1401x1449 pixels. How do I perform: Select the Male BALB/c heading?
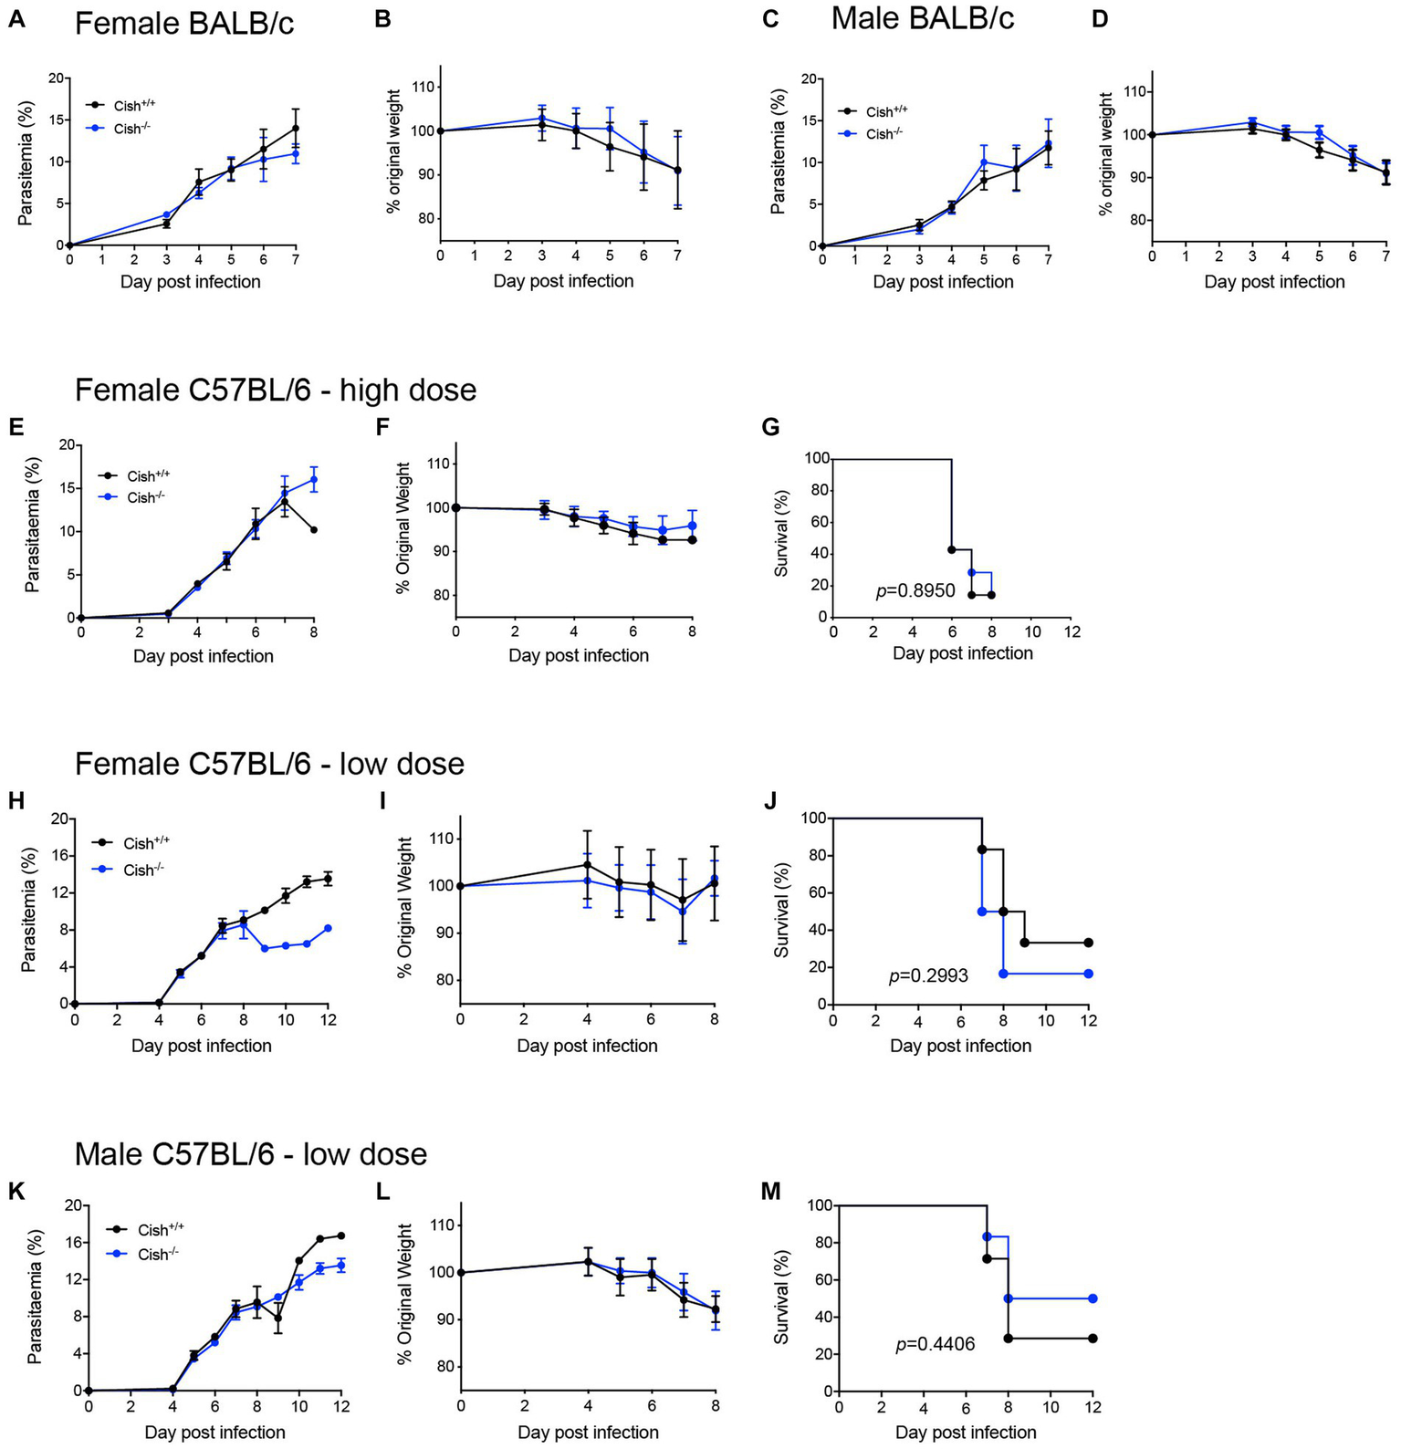(x=922, y=18)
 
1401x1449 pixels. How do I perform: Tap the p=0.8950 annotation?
(x=915, y=591)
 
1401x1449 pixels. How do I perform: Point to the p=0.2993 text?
(x=928, y=976)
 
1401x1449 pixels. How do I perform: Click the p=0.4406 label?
(x=935, y=1343)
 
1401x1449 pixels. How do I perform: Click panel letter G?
(x=771, y=426)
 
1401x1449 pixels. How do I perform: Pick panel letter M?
(x=772, y=1191)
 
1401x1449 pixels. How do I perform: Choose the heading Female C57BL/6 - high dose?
(x=275, y=390)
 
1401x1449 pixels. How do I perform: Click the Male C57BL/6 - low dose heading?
(x=250, y=1154)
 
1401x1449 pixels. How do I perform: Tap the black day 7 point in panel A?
(x=295, y=129)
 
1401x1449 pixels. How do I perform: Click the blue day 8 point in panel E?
(x=314, y=479)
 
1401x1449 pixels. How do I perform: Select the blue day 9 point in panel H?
(x=265, y=948)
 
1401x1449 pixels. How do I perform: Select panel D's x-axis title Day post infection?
(x=1273, y=282)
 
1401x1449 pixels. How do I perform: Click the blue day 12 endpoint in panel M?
(x=1093, y=1298)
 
